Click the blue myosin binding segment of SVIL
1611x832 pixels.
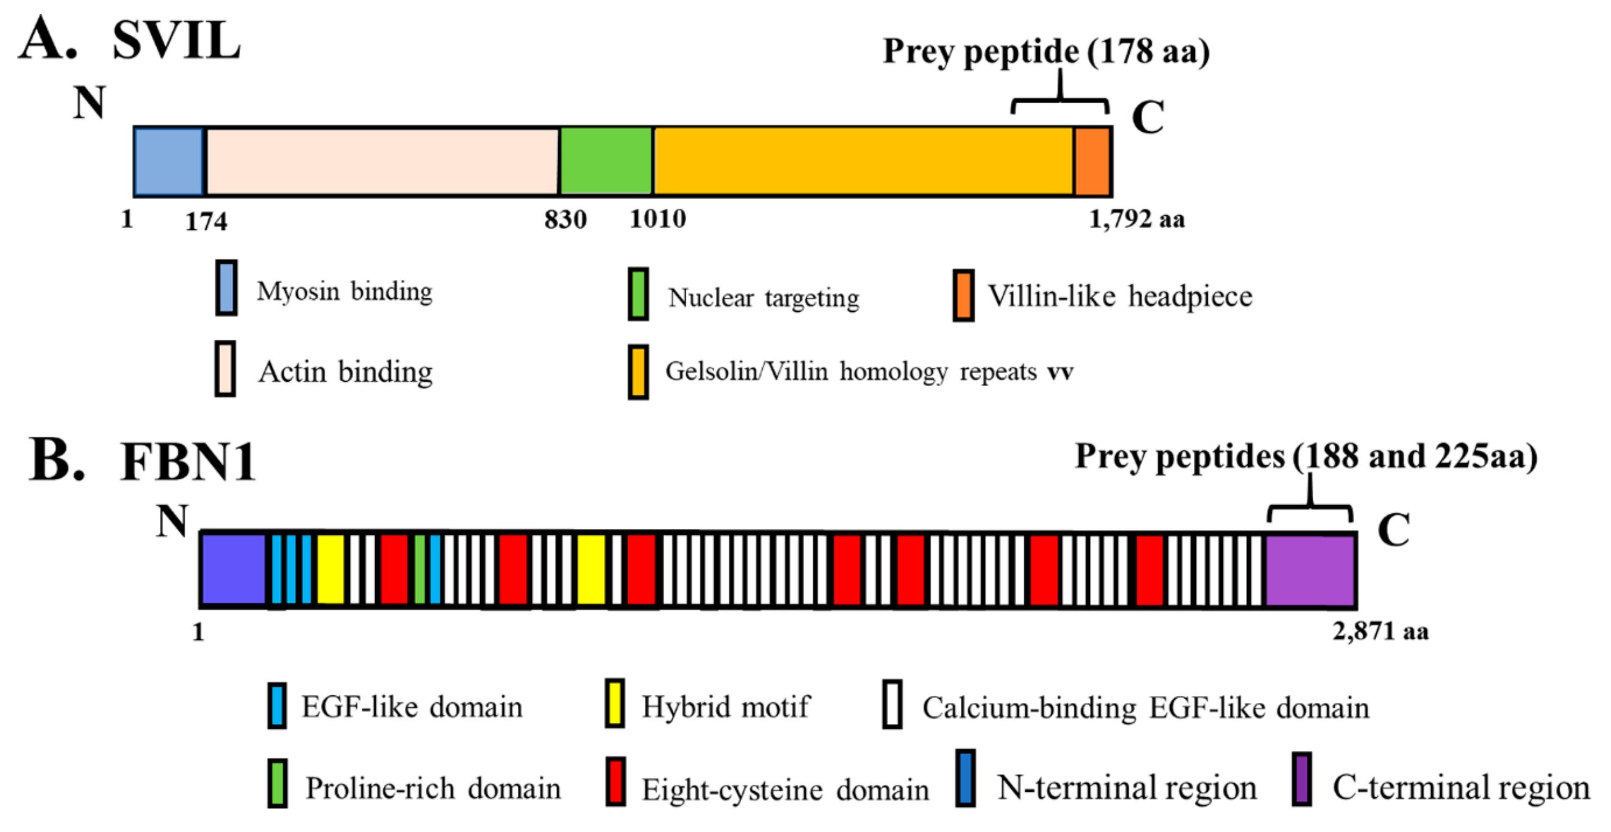coord(168,162)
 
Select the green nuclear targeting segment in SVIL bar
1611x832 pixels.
coord(605,162)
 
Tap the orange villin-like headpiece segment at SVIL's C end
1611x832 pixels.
coord(1092,162)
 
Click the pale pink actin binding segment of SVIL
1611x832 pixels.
coord(381,162)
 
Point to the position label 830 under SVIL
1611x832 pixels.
coord(565,220)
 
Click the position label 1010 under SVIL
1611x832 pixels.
coord(658,220)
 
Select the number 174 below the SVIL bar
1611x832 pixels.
coord(206,221)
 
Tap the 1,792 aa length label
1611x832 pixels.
coord(1136,220)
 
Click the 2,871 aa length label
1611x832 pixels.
coord(1380,632)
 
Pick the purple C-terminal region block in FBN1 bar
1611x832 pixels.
coord(1310,569)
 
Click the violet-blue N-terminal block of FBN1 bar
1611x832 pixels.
coord(232,569)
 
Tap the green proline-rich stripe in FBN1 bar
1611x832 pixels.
coord(420,569)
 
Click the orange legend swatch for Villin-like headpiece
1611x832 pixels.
coord(963,295)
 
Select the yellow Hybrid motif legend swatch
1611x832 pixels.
coord(615,704)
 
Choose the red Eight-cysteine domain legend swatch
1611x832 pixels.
coord(615,782)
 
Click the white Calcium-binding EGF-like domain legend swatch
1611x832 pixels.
coord(892,705)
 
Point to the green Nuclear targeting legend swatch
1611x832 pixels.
coord(638,294)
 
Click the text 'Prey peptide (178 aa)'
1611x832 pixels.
coord(1046,51)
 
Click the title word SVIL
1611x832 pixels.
coord(176,41)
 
